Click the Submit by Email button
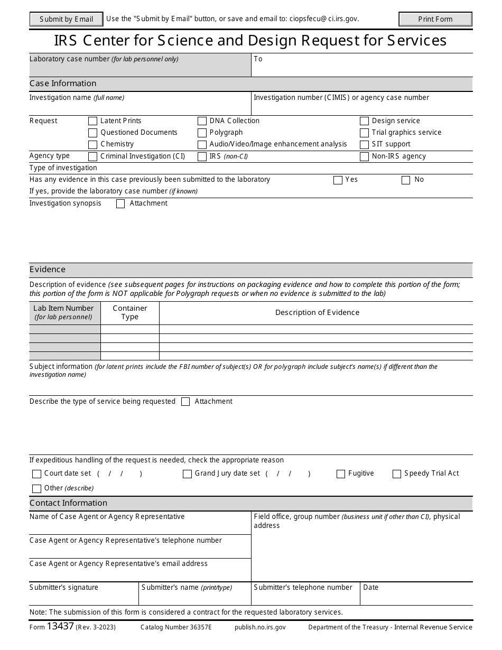66,20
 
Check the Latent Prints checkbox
93,121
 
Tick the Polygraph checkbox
202,133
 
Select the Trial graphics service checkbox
364,133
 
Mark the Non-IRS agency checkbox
364,156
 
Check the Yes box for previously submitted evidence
338,180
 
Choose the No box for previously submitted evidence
406,180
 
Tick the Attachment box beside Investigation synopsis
120,204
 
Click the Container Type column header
130,312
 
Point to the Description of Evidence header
317,312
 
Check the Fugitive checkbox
341,474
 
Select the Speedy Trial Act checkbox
397,474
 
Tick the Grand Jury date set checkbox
187,474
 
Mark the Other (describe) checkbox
36,489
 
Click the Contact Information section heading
68,503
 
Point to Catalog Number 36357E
176,627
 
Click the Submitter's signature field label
64,588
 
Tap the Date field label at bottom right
371,588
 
